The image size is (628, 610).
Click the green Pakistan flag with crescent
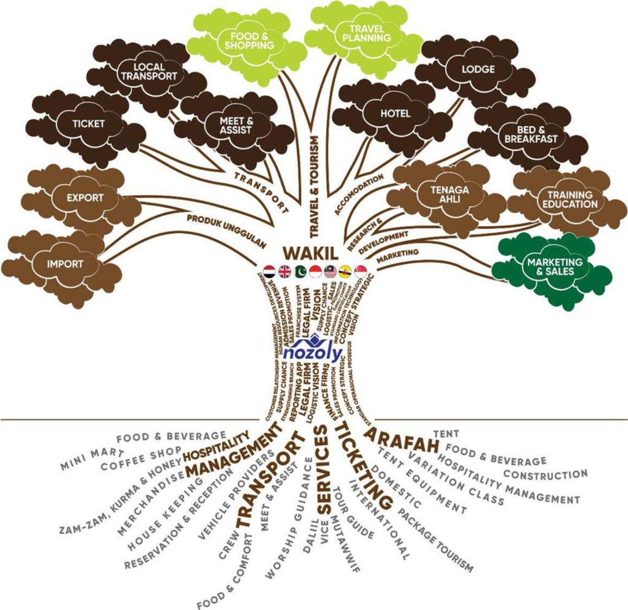click(x=300, y=271)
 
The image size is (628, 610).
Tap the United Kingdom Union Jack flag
click(x=284, y=271)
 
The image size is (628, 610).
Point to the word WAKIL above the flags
click(x=311, y=253)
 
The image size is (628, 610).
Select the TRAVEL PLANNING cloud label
click(x=367, y=33)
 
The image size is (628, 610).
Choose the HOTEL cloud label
click(x=395, y=113)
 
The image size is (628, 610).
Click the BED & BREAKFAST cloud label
click(x=530, y=134)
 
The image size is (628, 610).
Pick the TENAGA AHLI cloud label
click(x=450, y=194)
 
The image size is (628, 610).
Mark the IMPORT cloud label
click(x=65, y=264)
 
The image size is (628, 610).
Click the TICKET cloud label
click(x=88, y=124)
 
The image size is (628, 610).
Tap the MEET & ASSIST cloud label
click(x=236, y=125)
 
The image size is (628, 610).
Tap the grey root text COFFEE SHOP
click(x=141, y=459)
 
